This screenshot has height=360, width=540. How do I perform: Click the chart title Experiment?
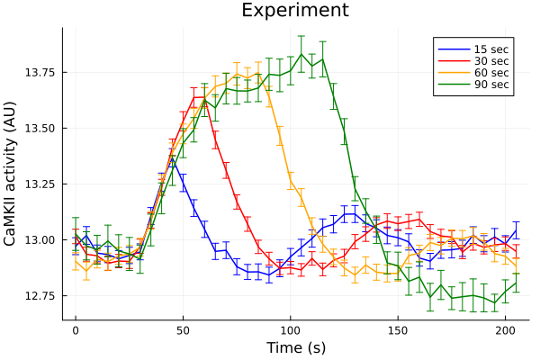(x=295, y=11)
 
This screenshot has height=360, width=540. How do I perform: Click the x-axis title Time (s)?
(x=295, y=347)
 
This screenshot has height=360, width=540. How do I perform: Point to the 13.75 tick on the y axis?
(x=40, y=72)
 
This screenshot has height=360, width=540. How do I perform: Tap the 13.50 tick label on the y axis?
(x=40, y=129)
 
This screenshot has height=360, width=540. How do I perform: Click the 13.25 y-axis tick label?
(x=40, y=184)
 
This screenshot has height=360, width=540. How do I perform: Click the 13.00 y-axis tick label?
(x=40, y=240)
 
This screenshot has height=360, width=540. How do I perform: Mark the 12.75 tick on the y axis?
(x=40, y=296)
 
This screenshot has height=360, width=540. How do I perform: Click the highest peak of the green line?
(x=301, y=54)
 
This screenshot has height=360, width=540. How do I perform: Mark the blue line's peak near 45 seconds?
(x=173, y=160)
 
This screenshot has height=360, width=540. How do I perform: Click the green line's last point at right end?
(x=516, y=283)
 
